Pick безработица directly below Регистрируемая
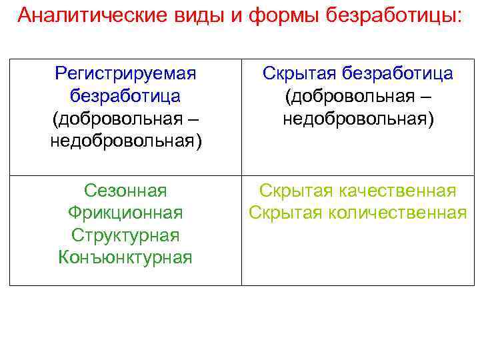125,96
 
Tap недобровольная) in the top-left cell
125,141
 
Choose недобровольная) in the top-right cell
358,119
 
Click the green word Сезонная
125,191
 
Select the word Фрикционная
125,213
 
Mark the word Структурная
125,235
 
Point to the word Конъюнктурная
125,257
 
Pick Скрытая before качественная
293,191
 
